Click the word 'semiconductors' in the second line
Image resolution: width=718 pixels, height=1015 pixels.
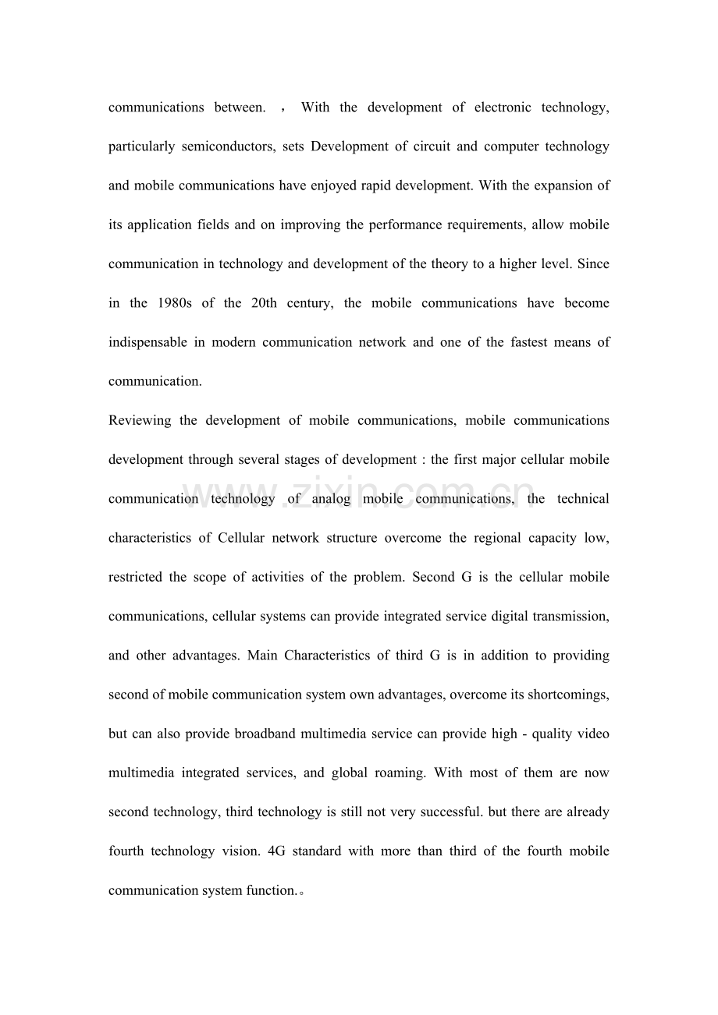(x=227, y=147)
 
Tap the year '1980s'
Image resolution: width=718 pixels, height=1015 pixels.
(x=174, y=303)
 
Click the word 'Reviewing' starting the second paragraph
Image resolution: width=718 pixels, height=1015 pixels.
(x=140, y=421)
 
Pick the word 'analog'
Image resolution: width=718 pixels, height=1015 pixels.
(x=332, y=499)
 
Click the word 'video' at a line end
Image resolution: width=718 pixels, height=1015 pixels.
(x=592, y=734)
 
